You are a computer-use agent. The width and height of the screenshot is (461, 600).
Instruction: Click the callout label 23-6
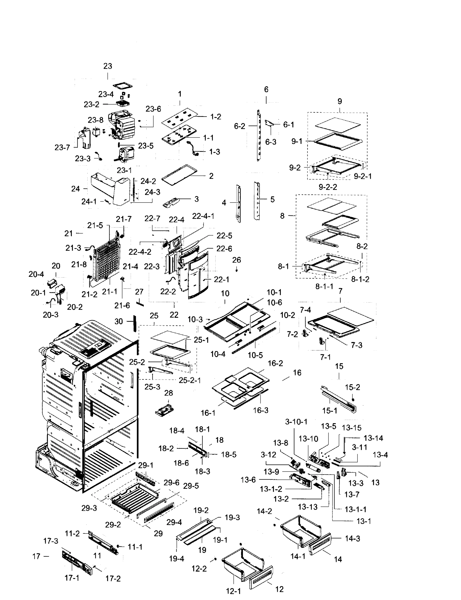point(153,109)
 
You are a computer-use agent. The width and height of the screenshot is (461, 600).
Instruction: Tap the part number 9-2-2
point(328,187)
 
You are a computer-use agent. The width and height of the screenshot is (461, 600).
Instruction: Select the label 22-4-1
point(203,216)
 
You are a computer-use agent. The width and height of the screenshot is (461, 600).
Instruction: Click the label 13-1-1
point(355,509)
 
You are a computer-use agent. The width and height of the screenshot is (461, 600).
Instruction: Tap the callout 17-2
point(113,578)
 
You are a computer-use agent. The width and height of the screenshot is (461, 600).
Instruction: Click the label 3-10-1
point(296,422)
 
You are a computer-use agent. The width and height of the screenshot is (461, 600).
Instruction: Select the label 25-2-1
point(190,380)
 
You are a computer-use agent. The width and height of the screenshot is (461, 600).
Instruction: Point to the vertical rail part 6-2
point(258,136)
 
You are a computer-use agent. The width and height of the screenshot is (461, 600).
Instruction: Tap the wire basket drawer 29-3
point(135,498)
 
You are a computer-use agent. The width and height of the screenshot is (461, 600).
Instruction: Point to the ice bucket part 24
point(110,189)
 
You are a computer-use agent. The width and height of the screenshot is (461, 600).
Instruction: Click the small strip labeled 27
point(140,303)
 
